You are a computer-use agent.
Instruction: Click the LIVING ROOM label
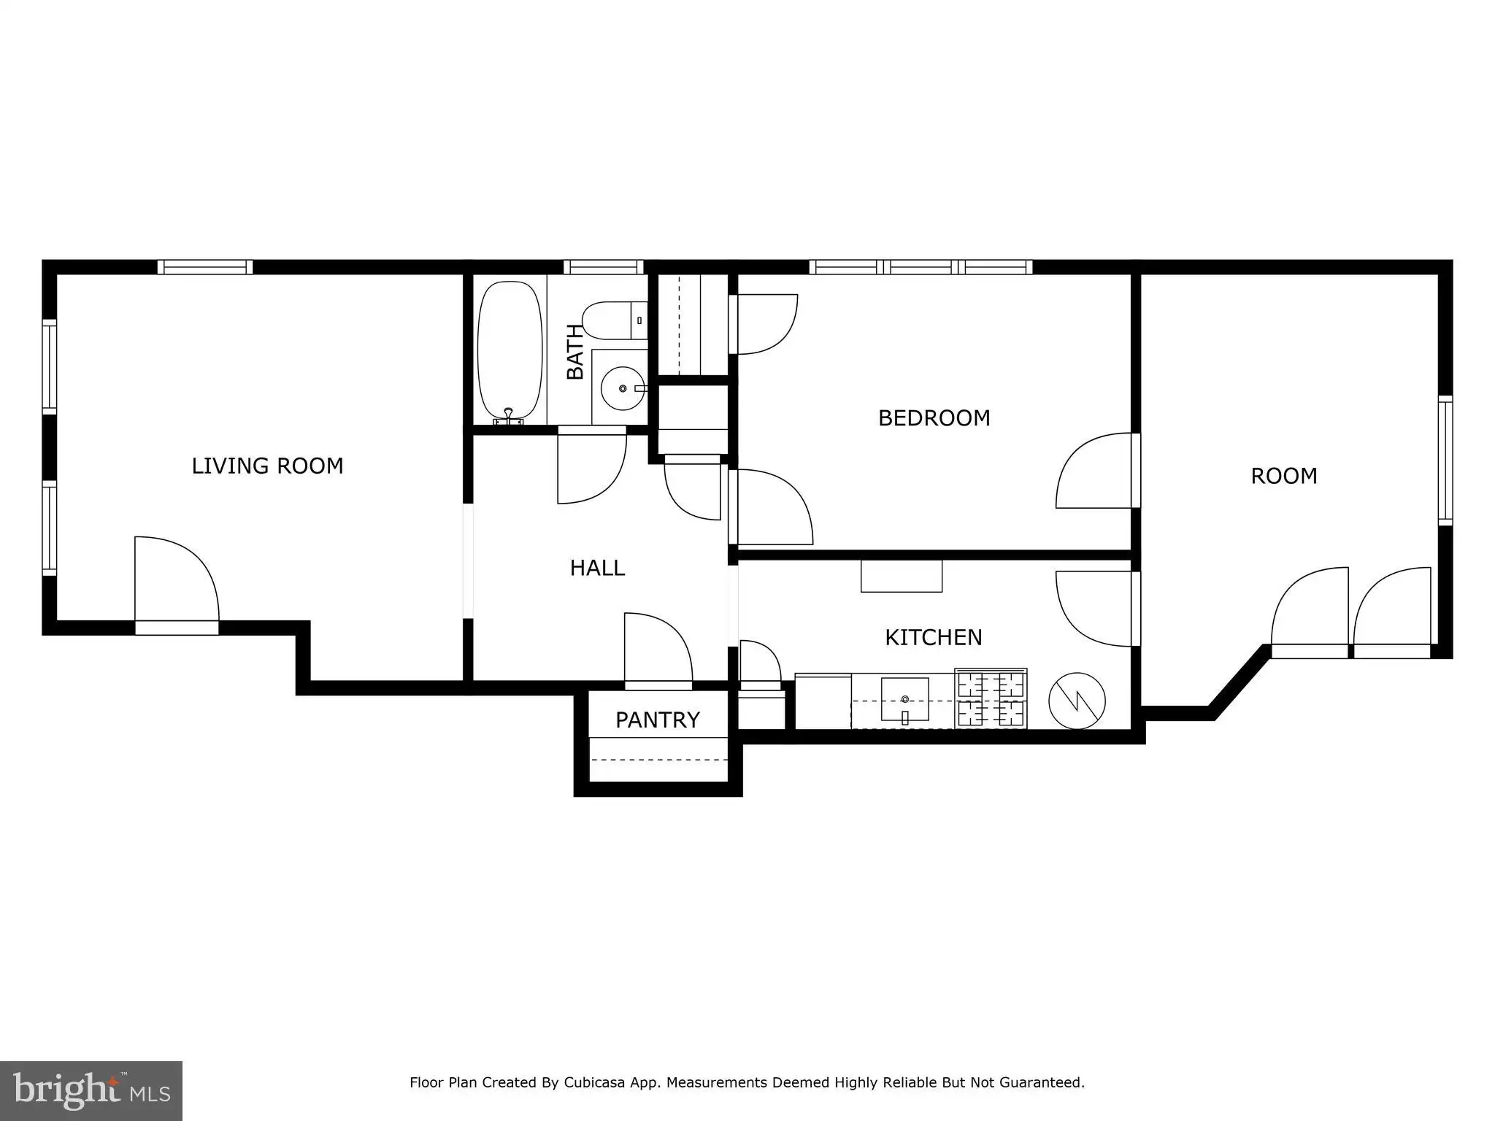tap(267, 466)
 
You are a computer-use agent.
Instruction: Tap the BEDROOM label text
tap(934, 418)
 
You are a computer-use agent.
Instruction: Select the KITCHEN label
tap(933, 638)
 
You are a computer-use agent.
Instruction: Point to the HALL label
tap(597, 568)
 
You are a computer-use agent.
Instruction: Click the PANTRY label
tap(658, 720)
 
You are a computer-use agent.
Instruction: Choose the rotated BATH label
tap(575, 352)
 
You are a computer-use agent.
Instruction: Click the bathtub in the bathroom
tap(510, 352)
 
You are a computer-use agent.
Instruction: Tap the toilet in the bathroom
tap(615, 320)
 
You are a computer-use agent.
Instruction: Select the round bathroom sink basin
tap(623, 388)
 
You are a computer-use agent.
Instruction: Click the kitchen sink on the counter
tap(905, 699)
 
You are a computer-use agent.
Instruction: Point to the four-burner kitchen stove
tap(991, 698)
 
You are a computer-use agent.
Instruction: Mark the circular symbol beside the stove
tap(1077, 701)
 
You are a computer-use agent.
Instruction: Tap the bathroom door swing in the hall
tap(592, 467)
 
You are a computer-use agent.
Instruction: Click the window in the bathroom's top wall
tap(604, 267)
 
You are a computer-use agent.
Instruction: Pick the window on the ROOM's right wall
tap(1445, 461)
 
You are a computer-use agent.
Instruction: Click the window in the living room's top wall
tap(205, 267)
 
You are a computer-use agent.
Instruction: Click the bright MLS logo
tap(91, 1090)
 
